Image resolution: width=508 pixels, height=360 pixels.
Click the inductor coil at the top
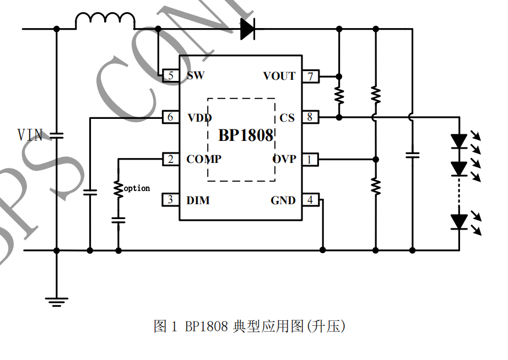click(x=105, y=21)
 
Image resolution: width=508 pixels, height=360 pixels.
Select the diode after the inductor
click(x=247, y=28)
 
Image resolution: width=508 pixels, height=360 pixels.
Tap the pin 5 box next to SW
click(x=171, y=76)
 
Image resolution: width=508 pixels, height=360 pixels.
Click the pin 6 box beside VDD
click(x=171, y=117)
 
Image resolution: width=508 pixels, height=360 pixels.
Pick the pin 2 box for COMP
click(x=171, y=159)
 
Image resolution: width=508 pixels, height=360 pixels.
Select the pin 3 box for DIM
click(x=171, y=200)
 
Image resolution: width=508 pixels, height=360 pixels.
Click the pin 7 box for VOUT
click(x=311, y=76)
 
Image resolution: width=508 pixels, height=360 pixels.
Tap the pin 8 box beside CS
click(x=311, y=117)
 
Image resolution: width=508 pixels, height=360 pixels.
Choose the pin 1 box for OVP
click(x=311, y=160)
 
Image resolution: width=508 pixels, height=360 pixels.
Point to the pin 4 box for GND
click(x=311, y=200)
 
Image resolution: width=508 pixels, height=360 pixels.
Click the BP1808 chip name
click(x=246, y=135)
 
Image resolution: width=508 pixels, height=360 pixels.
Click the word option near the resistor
click(x=137, y=188)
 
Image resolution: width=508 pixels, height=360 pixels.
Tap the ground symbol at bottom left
click(x=56, y=301)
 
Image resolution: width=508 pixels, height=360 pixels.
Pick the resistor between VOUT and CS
click(x=339, y=96)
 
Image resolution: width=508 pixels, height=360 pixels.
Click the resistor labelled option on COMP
click(x=118, y=189)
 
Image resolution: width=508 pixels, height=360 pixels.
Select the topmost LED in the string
click(x=459, y=141)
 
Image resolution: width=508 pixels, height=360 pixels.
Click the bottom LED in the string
click(x=459, y=222)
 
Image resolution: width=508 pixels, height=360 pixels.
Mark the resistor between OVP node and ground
click(x=376, y=186)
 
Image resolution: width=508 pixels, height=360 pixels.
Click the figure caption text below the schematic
click(x=249, y=326)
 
